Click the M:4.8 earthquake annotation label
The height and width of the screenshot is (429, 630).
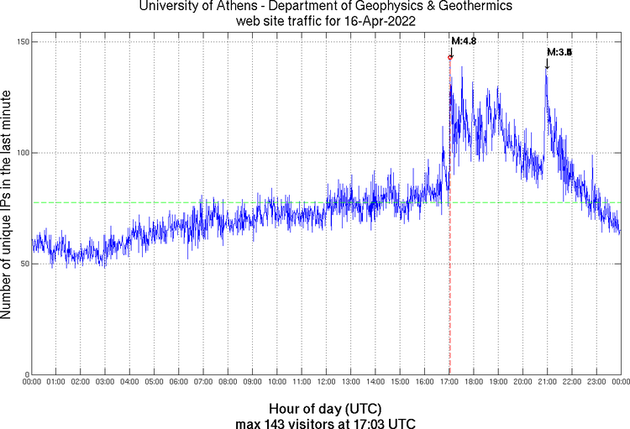[464, 40]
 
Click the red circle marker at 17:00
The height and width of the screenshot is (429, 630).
[450, 57]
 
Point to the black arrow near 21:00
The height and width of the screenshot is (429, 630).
[547, 63]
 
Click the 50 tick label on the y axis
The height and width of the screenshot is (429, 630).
[22, 264]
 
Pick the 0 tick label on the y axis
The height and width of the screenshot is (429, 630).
[24, 374]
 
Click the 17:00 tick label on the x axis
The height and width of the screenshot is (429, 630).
[449, 382]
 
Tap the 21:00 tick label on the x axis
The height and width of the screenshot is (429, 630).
[548, 382]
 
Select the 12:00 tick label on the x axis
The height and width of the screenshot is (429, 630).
[327, 382]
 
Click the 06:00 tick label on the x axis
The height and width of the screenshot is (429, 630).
[179, 382]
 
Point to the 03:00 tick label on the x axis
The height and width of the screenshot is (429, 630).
[106, 382]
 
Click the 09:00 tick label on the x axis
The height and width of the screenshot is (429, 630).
[253, 382]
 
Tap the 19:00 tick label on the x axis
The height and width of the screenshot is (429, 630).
[498, 382]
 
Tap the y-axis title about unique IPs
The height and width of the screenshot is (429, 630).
[8, 206]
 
